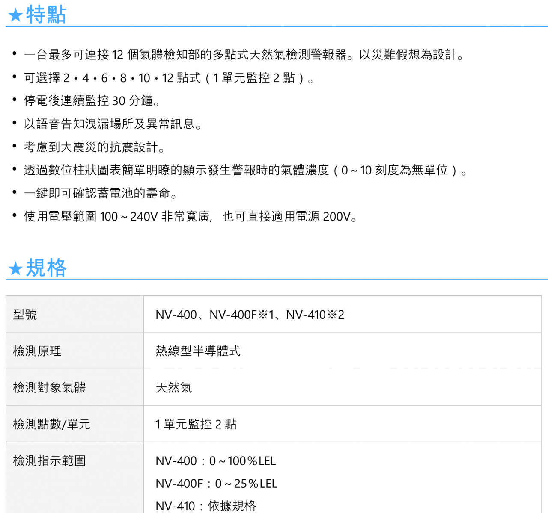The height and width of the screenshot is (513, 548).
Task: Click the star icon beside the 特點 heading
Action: tap(15, 15)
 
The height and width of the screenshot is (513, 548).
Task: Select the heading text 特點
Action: tap(46, 15)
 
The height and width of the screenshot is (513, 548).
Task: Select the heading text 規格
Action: tap(46, 268)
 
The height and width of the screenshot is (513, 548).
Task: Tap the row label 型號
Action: tap(25, 314)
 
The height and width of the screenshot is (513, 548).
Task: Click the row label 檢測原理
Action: tap(37, 351)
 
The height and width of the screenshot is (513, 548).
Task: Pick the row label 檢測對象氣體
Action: tap(49, 387)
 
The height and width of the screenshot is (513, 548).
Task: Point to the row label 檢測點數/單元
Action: tap(52, 424)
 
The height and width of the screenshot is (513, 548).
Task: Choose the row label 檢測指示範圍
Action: tap(49, 460)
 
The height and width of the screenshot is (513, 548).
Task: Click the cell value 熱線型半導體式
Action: tap(198, 351)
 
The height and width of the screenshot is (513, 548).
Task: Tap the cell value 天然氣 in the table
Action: tap(173, 387)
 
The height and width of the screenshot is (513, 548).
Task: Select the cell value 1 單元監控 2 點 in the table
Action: tap(196, 424)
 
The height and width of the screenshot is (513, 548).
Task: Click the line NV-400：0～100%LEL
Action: tap(216, 461)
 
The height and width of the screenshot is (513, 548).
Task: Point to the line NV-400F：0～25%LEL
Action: tap(216, 484)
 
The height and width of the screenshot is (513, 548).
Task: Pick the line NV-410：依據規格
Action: tap(206, 506)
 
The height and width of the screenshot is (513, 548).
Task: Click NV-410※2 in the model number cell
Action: tap(315, 315)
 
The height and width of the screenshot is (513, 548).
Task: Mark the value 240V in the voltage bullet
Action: tap(144, 217)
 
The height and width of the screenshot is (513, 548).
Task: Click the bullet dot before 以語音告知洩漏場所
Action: tap(15, 123)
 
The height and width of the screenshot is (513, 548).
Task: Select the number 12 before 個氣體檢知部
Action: tap(118, 55)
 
